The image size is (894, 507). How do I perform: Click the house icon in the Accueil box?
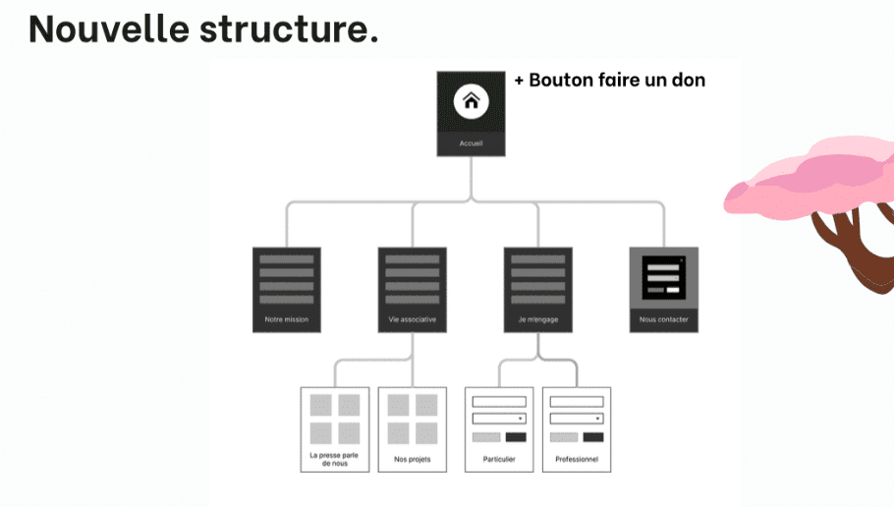coord(471,101)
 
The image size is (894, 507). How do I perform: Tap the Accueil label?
coord(471,144)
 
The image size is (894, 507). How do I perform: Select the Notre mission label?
coord(286,320)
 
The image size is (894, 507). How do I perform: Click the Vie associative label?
coord(412,320)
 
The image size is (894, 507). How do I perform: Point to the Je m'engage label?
coord(537,320)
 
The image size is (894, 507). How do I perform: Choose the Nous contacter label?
coord(663,320)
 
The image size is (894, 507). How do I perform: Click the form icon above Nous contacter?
coord(663,278)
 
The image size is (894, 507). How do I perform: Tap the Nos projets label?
coord(412,460)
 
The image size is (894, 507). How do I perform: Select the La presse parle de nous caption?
coord(334,459)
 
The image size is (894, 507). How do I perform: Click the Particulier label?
coord(499,460)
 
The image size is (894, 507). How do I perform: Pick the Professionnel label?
coord(577,460)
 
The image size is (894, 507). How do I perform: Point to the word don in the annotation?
coord(688,81)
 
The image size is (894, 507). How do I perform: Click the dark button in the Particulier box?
coord(516,437)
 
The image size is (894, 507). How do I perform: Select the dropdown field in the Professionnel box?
coord(577,419)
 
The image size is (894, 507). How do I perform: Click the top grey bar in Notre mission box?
coord(286,259)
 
